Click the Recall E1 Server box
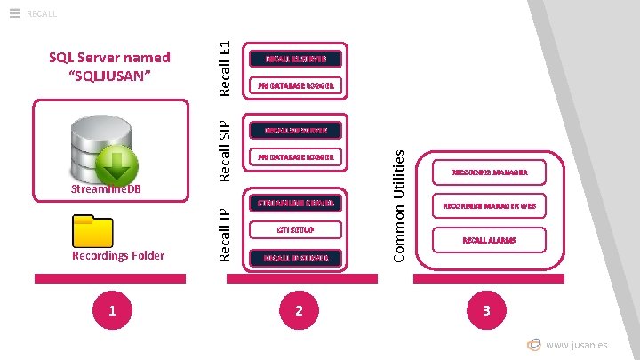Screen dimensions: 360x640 [x=296, y=60]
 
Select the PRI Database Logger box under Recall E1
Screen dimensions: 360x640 [x=296, y=87]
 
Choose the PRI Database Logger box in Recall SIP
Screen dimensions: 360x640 [x=296, y=157]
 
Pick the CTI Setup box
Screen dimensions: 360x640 [x=296, y=231]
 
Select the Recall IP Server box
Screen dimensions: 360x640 [x=296, y=259]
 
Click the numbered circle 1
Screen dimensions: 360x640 [x=110, y=309]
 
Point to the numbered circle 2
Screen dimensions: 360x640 [x=299, y=309]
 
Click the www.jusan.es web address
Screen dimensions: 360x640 [x=577, y=345]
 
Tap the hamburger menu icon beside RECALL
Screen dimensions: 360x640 [x=14, y=12]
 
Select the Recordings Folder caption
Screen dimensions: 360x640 [x=119, y=256]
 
